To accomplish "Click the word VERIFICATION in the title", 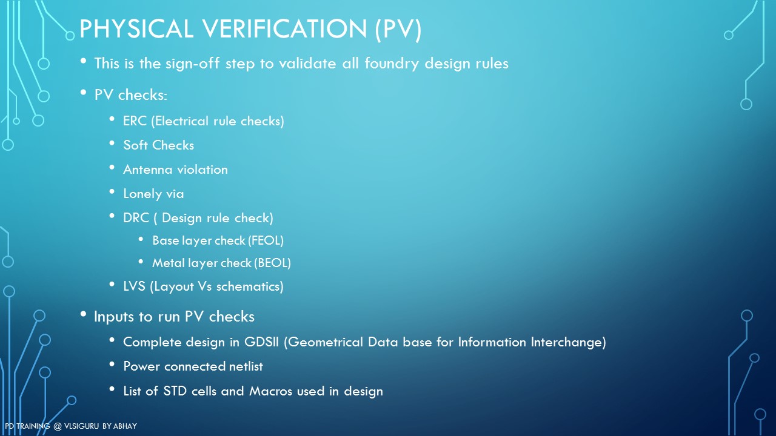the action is click(285, 28).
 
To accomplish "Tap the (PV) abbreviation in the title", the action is click(398, 29).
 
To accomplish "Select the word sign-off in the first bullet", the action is click(193, 64).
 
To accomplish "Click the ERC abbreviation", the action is click(135, 121).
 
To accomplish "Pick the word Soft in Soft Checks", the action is click(135, 145).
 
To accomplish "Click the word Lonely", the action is click(142, 194).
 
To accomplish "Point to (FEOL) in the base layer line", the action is click(266, 240).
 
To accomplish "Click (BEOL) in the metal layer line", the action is click(272, 263).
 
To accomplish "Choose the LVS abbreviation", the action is click(134, 286).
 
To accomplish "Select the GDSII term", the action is click(261, 342).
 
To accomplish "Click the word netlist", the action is click(246, 366).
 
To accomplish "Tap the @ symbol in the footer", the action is click(58, 426).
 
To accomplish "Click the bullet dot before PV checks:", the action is click(83, 93).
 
